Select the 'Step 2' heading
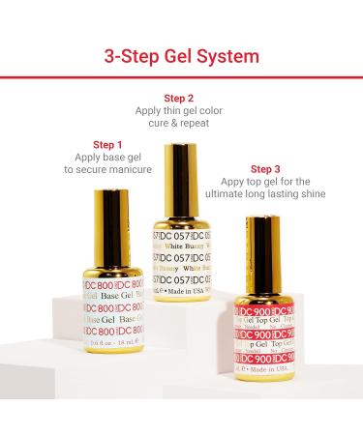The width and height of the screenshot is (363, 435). pyautogui.click(x=179, y=99)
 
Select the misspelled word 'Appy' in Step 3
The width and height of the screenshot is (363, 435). pyautogui.click(x=231, y=182)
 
